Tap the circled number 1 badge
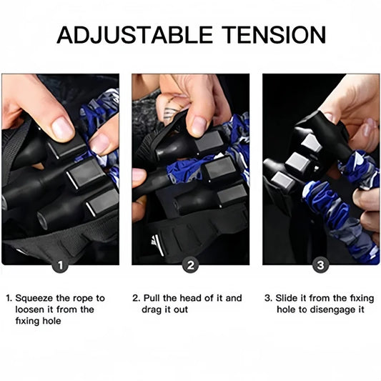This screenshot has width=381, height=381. coord(61,264)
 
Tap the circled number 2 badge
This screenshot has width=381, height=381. coord(190,264)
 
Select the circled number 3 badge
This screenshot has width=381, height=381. coord(320,264)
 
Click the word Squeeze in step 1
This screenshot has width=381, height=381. coord(34,298)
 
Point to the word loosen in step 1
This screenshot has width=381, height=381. coord(29,310)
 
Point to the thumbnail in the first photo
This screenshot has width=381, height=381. coord(62,129)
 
